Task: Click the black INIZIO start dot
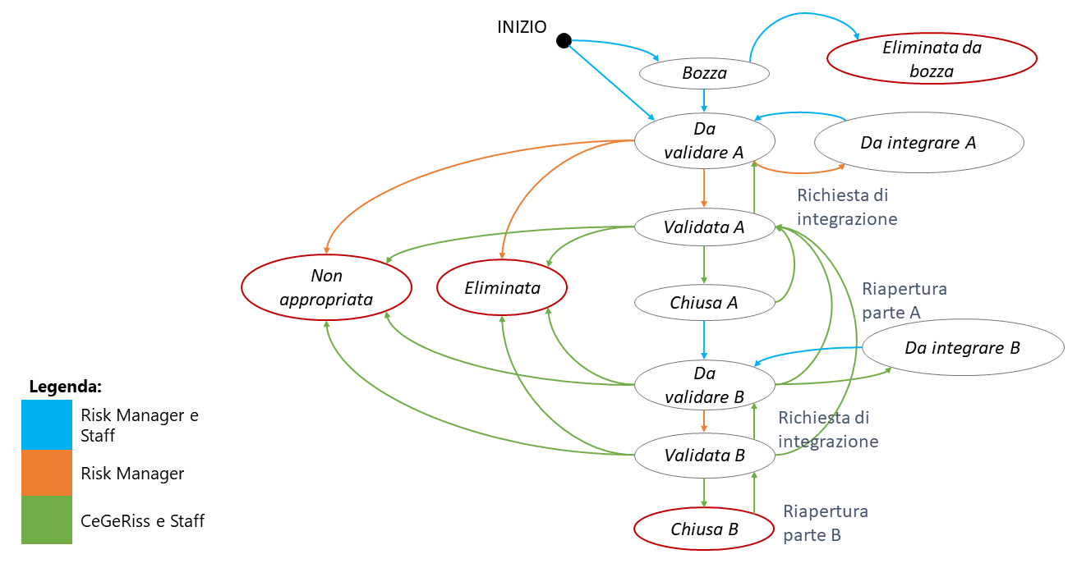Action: click(563, 40)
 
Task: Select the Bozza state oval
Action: click(704, 74)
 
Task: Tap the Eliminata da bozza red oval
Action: click(932, 60)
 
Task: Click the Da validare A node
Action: click(704, 140)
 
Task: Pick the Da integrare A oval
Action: click(918, 142)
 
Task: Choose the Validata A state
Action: click(704, 227)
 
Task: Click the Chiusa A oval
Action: click(704, 302)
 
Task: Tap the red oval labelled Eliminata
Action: click(502, 288)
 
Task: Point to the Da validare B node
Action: click(704, 385)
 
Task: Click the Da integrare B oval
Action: click(962, 348)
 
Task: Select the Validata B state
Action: click(704, 455)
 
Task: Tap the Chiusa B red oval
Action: click(704, 529)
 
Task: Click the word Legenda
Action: click(66, 386)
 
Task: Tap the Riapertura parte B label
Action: click(825, 524)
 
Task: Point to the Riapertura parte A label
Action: click(904, 300)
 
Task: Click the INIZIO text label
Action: click(522, 26)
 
